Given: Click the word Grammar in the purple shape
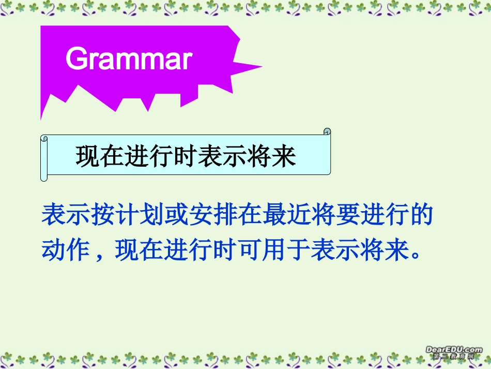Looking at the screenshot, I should tap(129, 59).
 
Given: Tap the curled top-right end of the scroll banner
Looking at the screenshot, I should tap(327, 132).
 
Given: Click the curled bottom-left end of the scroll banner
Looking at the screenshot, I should tap(44, 178).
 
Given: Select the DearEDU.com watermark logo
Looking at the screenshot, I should tap(454, 352).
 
